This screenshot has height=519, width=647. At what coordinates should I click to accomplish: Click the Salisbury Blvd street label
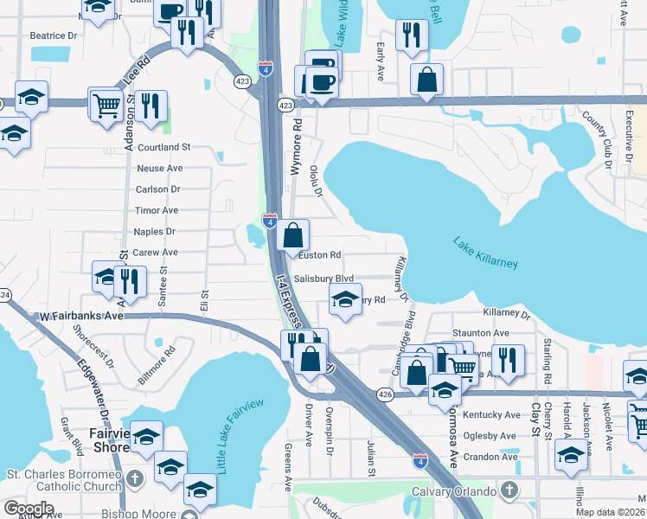(324, 279)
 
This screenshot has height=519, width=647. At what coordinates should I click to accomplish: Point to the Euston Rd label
(319, 254)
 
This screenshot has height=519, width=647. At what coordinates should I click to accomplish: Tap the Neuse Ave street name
(159, 168)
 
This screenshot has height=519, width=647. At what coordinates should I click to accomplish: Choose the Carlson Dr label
(157, 189)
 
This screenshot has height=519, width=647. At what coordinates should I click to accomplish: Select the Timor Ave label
(157, 210)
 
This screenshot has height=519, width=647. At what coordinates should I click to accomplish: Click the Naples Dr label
(155, 232)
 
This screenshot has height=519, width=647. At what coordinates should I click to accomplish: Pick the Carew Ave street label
(155, 253)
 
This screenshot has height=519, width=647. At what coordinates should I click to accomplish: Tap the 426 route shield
(387, 394)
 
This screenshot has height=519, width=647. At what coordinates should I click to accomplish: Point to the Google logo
(29, 509)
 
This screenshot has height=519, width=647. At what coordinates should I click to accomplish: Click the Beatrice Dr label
(54, 36)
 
